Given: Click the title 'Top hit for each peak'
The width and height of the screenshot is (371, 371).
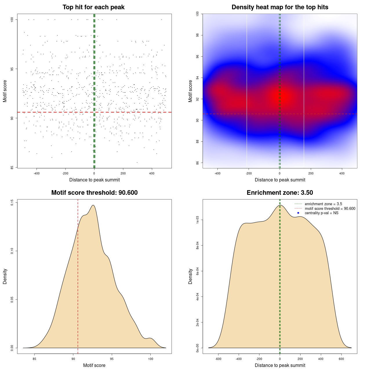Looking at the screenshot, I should [x=94, y=7].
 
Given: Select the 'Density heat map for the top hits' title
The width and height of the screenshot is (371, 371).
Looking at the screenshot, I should [x=280, y=7].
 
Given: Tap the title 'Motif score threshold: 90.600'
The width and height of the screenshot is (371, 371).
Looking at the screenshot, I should [x=94, y=193].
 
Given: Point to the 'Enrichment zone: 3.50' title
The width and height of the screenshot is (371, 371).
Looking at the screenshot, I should [x=280, y=193].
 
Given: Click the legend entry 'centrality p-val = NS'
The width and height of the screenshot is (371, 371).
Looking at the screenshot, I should [x=321, y=213].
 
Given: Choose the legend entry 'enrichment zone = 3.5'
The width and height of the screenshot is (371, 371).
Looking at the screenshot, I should [x=323, y=204].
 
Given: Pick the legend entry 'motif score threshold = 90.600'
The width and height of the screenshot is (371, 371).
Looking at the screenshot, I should [x=330, y=209].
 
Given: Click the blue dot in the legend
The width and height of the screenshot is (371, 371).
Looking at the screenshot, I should [x=298, y=213].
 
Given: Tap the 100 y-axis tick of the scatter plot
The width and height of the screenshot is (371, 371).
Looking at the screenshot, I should [x=12, y=19].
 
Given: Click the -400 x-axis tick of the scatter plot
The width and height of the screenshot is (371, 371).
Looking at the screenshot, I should [x=37, y=173].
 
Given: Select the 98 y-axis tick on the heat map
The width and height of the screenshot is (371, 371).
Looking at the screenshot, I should [x=198, y=35].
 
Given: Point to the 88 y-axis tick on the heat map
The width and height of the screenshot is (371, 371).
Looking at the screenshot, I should [x=198, y=141].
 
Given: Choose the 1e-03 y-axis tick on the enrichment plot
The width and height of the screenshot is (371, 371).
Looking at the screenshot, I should [x=198, y=220].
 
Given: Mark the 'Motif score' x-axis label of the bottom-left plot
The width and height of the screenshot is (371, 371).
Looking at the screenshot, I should [x=94, y=365].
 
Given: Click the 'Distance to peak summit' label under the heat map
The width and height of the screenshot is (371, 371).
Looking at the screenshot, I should [x=280, y=180].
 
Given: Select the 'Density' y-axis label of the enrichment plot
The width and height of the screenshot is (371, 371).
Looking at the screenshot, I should [x=190, y=276].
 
